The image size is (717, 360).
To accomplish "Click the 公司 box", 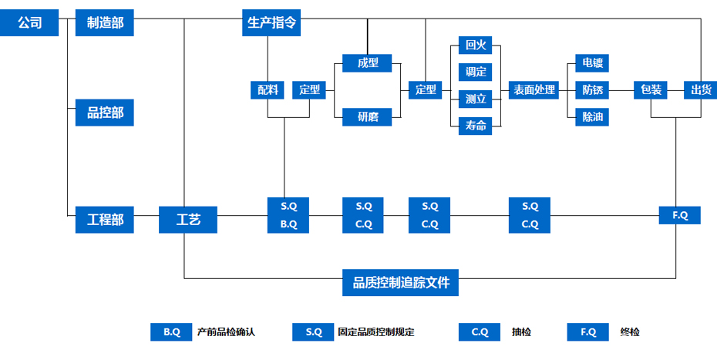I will click(29, 23).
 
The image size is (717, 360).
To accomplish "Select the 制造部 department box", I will click(105, 23).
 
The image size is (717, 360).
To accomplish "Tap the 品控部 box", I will click(105, 113).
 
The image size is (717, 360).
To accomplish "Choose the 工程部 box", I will click(105, 220).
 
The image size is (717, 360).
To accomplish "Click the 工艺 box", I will click(188, 220).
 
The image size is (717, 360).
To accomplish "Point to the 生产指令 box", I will click(271, 23).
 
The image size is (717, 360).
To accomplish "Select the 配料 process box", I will click(268, 90).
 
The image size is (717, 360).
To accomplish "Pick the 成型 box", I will click(367, 63).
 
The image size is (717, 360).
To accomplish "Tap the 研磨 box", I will click(367, 117).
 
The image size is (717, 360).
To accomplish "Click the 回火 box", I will click(476, 45).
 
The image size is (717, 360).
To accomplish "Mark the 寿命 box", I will click(476, 126).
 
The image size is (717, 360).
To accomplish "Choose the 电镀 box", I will click(593, 63).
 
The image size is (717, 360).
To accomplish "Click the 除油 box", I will click(593, 117).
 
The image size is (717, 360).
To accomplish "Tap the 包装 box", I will click(651, 90).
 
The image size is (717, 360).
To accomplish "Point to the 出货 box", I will click(701, 90).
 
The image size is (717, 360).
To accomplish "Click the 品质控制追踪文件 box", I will click(400, 283).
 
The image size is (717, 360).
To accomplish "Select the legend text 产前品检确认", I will click(226, 332).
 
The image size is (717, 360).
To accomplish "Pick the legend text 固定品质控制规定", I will click(376, 332).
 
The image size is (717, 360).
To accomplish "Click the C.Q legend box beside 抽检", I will click(480, 332).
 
